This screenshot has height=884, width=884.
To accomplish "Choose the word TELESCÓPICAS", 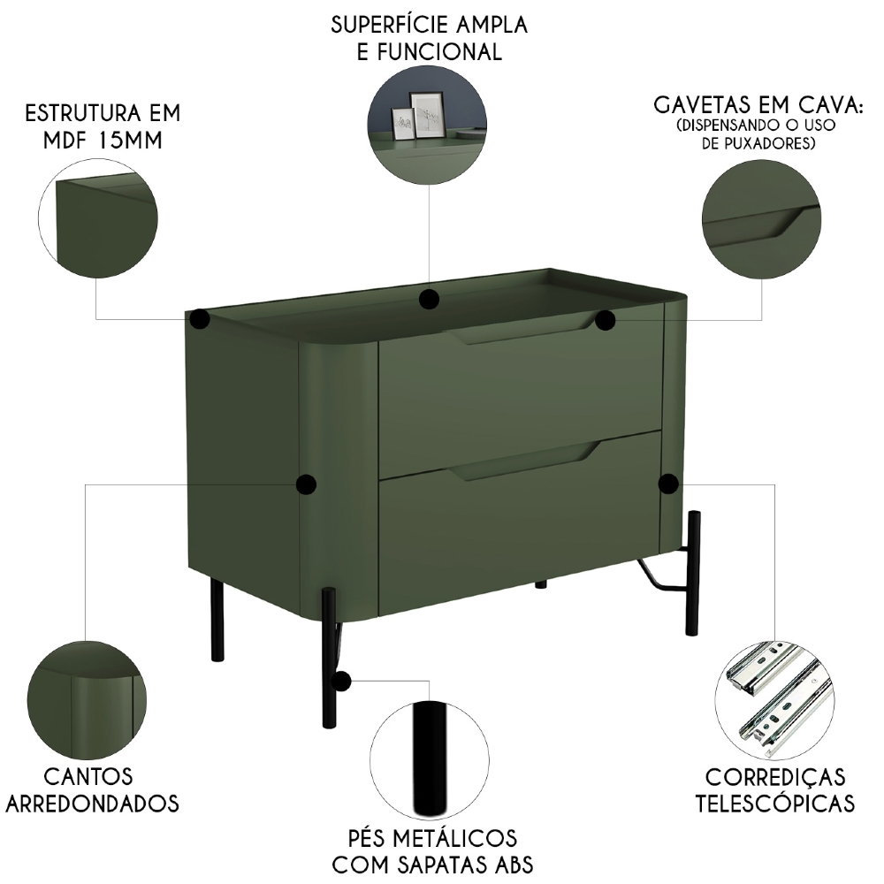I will pyautogui.click(x=775, y=803).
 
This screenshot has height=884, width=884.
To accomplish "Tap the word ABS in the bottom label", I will pyautogui.click(x=505, y=864).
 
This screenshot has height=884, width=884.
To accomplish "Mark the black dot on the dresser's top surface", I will pyautogui.click(x=430, y=299).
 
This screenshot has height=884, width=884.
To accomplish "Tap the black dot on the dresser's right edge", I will pyautogui.click(x=668, y=483).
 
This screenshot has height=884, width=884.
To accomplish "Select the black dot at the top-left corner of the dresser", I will pyautogui.click(x=200, y=319).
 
